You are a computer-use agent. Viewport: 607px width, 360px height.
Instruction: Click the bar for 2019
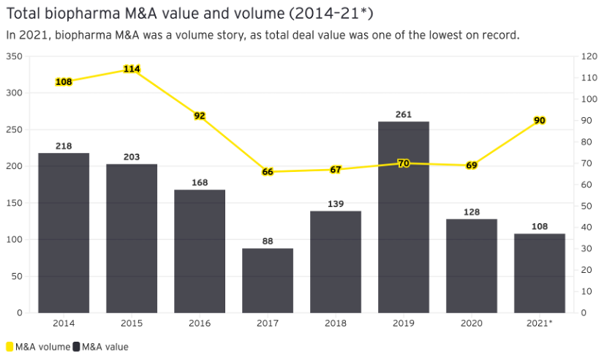pos(404,217)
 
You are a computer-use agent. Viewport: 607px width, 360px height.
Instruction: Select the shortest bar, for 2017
pos(268,280)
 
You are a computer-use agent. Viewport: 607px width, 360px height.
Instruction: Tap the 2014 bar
pos(64,233)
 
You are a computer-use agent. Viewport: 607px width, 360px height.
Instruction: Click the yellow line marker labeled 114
pos(132,69)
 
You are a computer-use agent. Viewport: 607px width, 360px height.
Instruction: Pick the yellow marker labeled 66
pos(268,172)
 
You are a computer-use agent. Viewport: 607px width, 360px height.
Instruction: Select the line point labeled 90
pos(540,120)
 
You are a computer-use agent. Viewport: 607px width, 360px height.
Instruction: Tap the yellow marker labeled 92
pos(200,116)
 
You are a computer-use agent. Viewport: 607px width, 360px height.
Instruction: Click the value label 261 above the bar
pos(404,115)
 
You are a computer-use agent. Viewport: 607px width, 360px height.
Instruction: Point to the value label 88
pos(268,241)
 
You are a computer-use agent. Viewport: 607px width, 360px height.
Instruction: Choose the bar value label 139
pos(336,204)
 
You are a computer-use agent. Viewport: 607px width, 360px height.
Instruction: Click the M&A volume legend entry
pos(38,347)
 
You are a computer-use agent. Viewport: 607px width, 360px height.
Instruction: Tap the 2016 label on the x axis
pos(200,323)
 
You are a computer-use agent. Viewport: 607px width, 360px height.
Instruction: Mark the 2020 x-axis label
pos(472,323)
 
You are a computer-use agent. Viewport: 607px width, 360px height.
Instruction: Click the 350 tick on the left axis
pos(15,56)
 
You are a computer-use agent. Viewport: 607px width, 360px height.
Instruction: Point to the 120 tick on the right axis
pos(588,56)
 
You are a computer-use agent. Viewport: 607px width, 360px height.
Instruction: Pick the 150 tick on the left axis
pos(15,203)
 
